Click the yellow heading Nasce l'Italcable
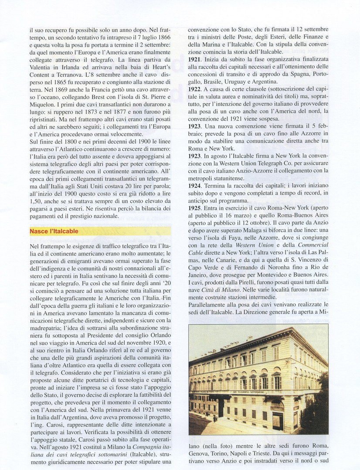[x=54, y=231]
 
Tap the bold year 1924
[x=194, y=185]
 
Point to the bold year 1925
[x=194, y=208]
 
